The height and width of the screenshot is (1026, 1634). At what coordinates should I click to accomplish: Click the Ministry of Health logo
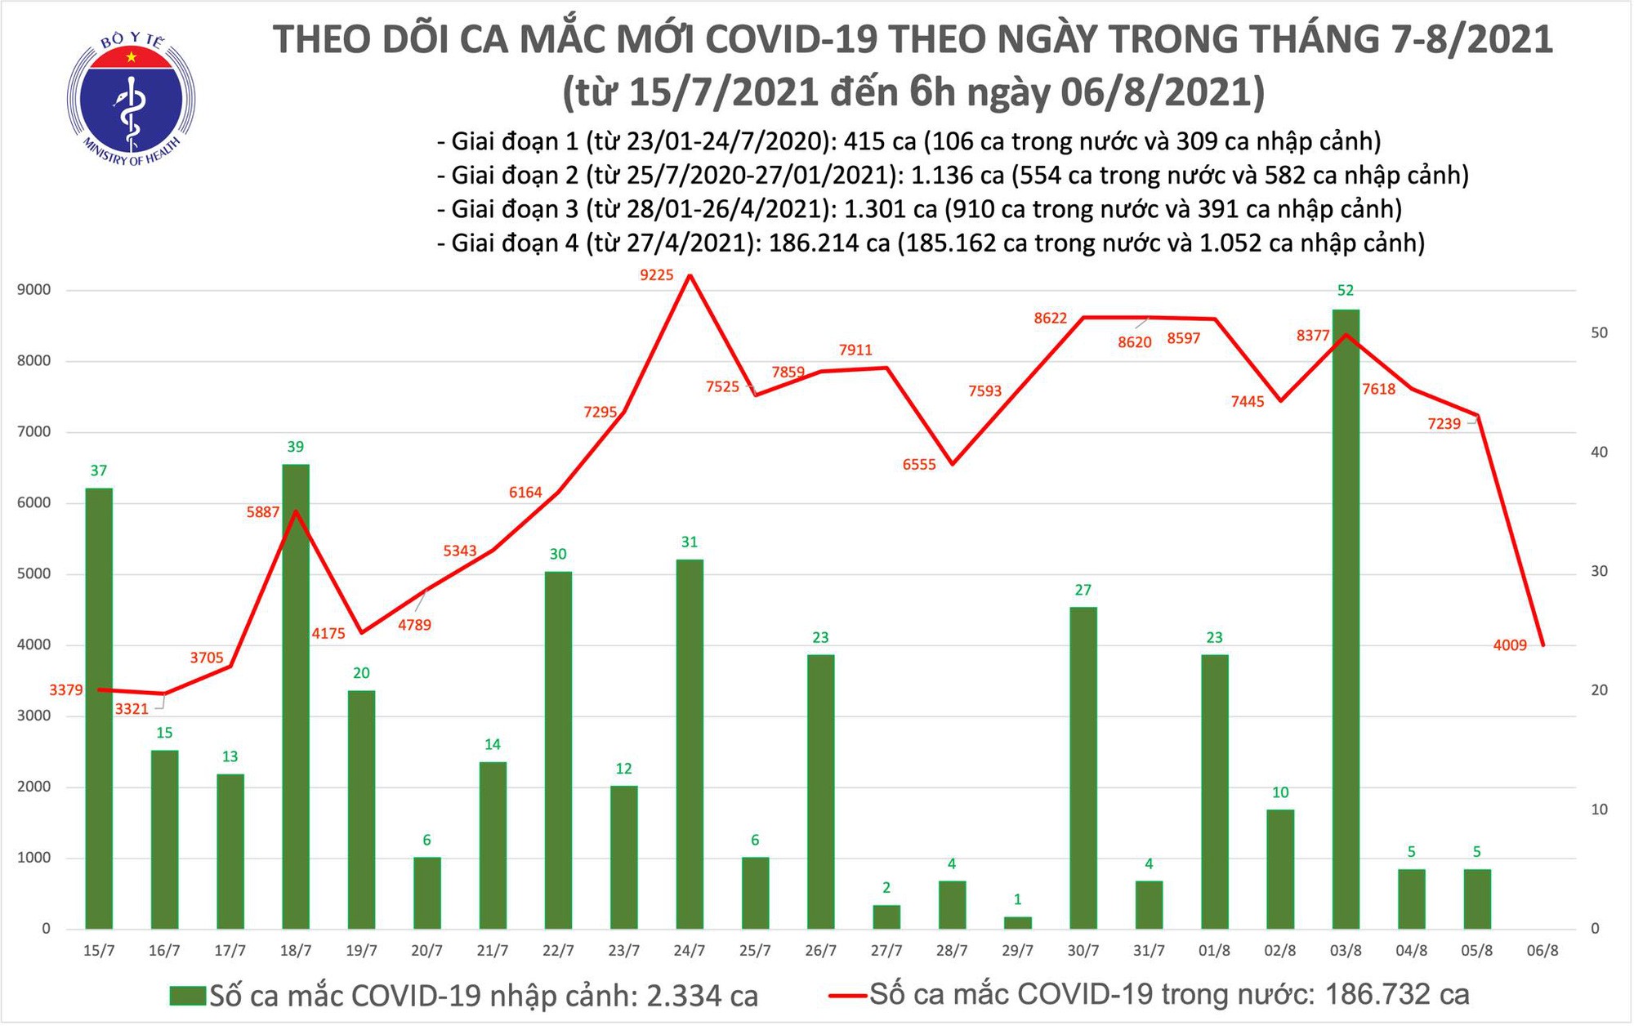point(131,98)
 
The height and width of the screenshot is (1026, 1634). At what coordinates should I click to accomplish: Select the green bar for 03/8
point(1346,621)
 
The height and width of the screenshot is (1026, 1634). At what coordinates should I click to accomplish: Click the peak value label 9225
point(657,275)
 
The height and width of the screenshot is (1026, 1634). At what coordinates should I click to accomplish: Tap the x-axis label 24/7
point(690,951)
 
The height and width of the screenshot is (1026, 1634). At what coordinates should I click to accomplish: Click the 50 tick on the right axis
point(1600,332)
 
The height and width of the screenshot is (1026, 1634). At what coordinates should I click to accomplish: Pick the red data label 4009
point(1510,645)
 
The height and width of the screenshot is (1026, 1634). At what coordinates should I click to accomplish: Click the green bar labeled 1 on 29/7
point(1017,923)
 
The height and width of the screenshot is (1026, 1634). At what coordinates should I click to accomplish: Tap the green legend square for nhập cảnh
point(187,996)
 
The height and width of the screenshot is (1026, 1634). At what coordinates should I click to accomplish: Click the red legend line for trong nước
point(846,996)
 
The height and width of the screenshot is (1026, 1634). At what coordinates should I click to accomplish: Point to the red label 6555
point(919,465)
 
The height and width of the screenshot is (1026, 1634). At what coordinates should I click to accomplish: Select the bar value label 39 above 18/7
point(296,447)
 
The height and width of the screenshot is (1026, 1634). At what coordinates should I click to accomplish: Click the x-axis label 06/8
point(1542,951)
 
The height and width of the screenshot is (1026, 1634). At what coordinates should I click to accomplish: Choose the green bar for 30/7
point(1083,768)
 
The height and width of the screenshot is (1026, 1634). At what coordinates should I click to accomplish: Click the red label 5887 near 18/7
point(262,513)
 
